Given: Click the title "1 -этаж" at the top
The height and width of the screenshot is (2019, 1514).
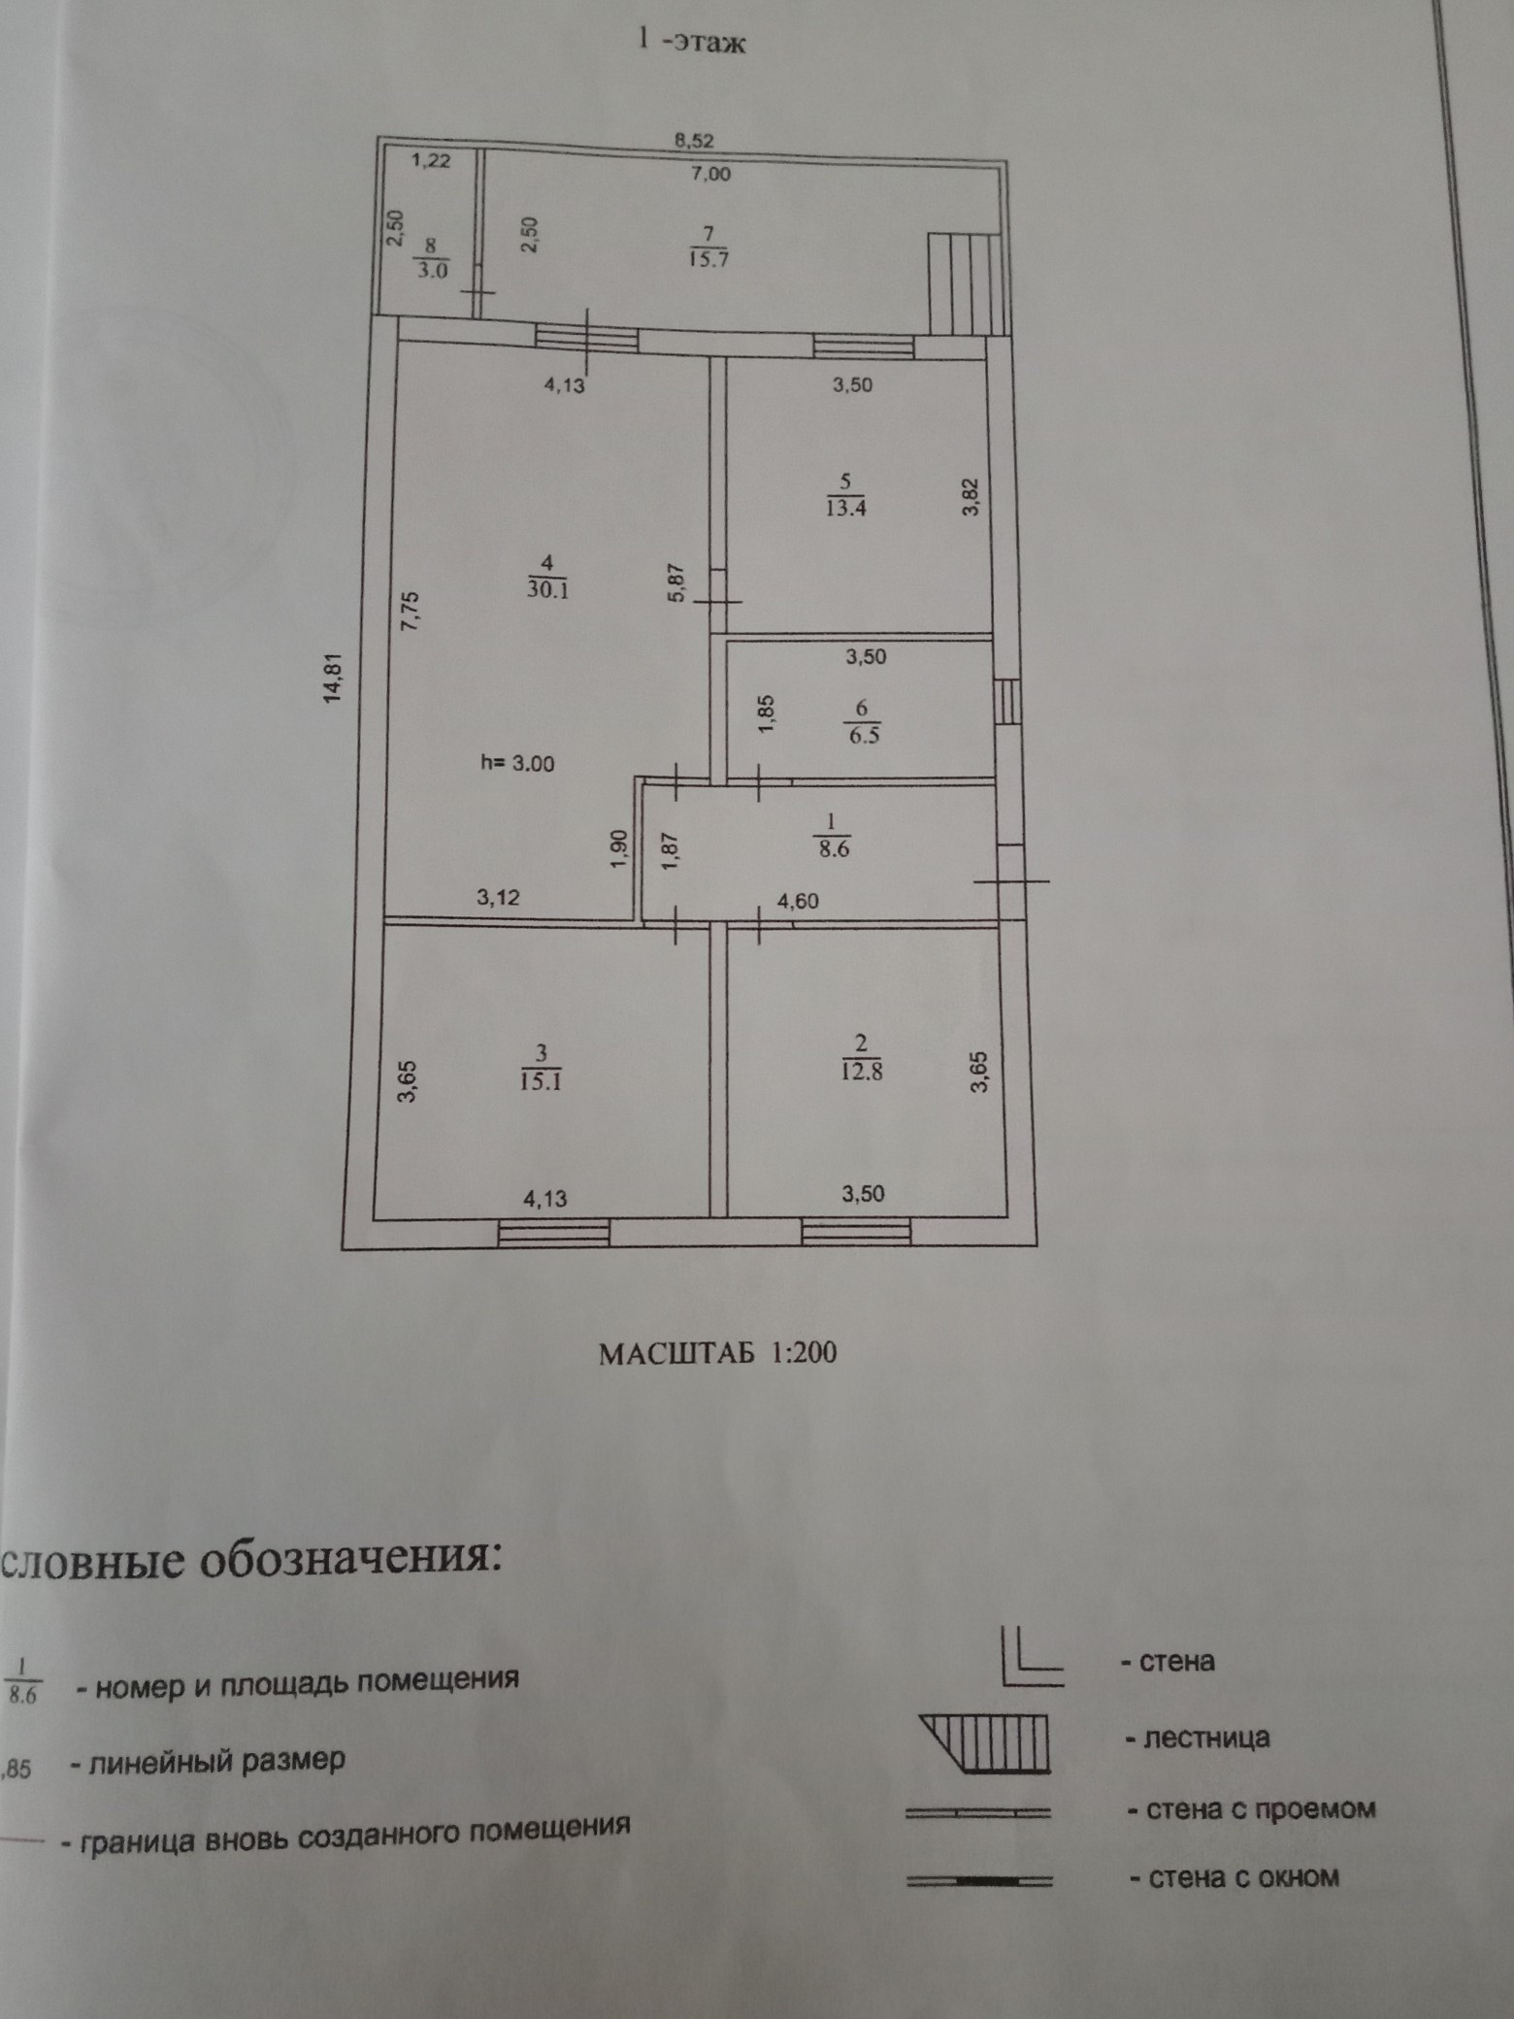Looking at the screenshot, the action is (x=690, y=44).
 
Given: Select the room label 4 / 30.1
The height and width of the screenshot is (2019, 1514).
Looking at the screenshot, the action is (x=547, y=576).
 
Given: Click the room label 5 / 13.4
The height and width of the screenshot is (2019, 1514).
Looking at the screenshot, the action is (x=845, y=495).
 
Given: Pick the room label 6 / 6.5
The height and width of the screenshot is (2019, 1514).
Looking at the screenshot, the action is (x=862, y=722).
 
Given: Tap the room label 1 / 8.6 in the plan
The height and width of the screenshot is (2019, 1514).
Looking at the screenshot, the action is (x=832, y=837).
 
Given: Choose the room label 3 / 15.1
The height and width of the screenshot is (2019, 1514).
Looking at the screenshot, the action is (x=542, y=1067).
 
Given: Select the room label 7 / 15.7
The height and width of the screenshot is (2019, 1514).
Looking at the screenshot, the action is (x=708, y=247).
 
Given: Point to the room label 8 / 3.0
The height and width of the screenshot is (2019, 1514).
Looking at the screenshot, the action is (x=432, y=259).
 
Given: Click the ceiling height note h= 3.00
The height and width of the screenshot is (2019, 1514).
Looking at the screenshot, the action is (x=518, y=764).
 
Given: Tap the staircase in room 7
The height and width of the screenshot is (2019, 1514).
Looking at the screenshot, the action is (x=961, y=282).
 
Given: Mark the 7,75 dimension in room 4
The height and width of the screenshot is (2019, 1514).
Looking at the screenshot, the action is (x=411, y=612).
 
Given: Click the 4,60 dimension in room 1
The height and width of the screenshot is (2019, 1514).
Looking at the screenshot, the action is (x=798, y=902).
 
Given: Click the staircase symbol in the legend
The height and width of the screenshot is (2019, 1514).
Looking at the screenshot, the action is (x=990, y=1743).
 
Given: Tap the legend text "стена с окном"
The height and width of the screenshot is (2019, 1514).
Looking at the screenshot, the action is (x=1243, y=1878).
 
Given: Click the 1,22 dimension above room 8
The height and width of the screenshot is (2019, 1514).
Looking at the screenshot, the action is (x=431, y=162).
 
